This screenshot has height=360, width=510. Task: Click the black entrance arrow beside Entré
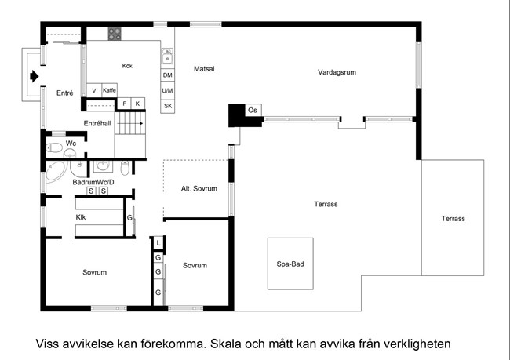pyautogui.click(x=35, y=76)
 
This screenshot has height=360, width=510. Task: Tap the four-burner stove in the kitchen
pyautogui.click(x=115, y=34)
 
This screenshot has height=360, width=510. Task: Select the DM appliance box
pyautogui.click(x=167, y=75)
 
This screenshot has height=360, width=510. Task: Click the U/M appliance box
pyautogui.click(x=167, y=90)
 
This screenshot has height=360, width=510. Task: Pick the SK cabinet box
pyautogui.click(x=168, y=106)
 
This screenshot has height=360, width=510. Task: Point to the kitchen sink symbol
pyautogui.click(x=167, y=56)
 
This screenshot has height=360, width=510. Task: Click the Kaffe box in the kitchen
pyautogui.click(x=109, y=90)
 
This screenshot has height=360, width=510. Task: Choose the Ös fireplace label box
pyautogui.click(x=253, y=111)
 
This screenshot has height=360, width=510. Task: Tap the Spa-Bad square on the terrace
pyautogui.click(x=290, y=264)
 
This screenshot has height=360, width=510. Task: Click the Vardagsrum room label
pyautogui.click(x=337, y=72)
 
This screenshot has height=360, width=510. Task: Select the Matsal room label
pyautogui.click(x=204, y=69)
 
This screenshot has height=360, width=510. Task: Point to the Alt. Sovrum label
pyautogui.click(x=199, y=188)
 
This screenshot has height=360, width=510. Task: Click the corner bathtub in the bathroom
pyautogui.click(x=55, y=171)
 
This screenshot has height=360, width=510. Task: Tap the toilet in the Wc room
pyautogui.click(x=55, y=148)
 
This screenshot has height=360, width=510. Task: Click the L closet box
pyautogui.click(x=158, y=243)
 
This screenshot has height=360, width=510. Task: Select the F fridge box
pyautogui.click(x=124, y=104)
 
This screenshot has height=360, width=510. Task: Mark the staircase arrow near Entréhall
pyautogui.click(x=130, y=124)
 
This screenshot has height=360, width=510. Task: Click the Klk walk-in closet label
pyautogui.click(x=81, y=217)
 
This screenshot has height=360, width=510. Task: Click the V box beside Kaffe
pyautogui.click(x=94, y=90)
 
